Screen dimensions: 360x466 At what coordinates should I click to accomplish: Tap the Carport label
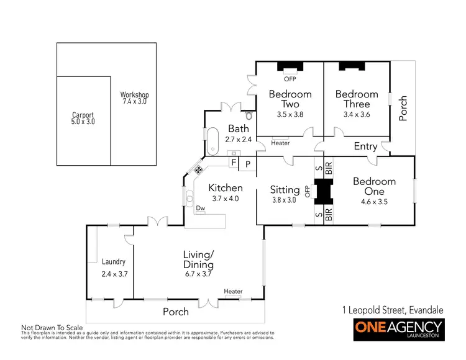coord(83,115)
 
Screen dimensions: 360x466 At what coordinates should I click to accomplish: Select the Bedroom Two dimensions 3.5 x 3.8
coord(290,114)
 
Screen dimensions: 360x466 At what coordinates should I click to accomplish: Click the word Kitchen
coord(225,188)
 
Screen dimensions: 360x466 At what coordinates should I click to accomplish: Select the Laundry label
coord(114,262)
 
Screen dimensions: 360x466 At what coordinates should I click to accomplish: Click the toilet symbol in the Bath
coord(249,115)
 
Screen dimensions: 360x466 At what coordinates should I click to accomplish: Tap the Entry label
coord(365,146)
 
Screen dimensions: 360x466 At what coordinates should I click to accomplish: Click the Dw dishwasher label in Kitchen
coord(201,209)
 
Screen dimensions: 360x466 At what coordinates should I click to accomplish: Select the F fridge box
coord(234,163)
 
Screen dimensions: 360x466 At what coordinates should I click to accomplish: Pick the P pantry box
coord(247,163)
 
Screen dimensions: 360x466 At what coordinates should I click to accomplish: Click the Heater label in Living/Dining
coord(233,291)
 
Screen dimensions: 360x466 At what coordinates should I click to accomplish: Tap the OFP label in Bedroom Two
coord(290,79)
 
